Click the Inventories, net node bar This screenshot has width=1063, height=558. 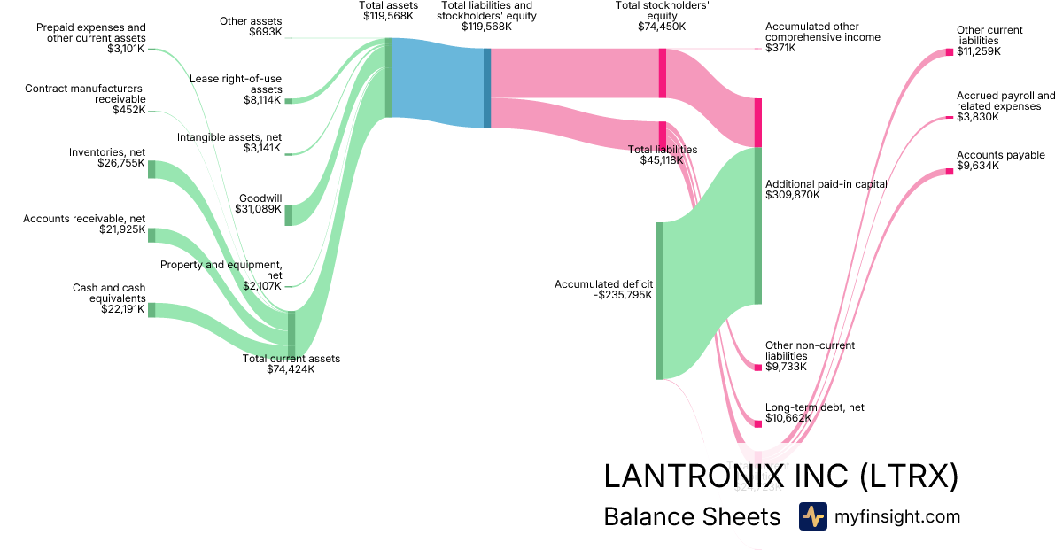(x=151, y=169)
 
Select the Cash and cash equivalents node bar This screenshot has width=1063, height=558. (x=151, y=310)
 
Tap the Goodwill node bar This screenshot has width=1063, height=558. (x=288, y=215)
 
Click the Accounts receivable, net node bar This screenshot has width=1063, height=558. (x=151, y=235)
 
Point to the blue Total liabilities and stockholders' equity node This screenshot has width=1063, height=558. (x=487, y=88)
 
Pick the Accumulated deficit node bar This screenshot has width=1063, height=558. (x=659, y=300)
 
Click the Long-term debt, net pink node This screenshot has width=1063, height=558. (x=757, y=424)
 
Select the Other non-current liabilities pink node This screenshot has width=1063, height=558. (x=757, y=367)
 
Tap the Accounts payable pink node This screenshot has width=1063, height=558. (x=949, y=172)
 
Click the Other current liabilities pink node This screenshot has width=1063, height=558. (x=949, y=52)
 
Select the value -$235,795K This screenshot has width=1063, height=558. (x=624, y=295)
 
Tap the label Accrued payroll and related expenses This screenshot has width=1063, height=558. (x=1005, y=101)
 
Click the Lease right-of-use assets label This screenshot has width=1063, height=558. (x=236, y=84)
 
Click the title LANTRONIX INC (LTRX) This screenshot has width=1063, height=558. (x=780, y=477)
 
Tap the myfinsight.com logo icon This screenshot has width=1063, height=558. (x=812, y=516)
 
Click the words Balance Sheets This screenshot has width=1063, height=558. (x=692, y=517)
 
